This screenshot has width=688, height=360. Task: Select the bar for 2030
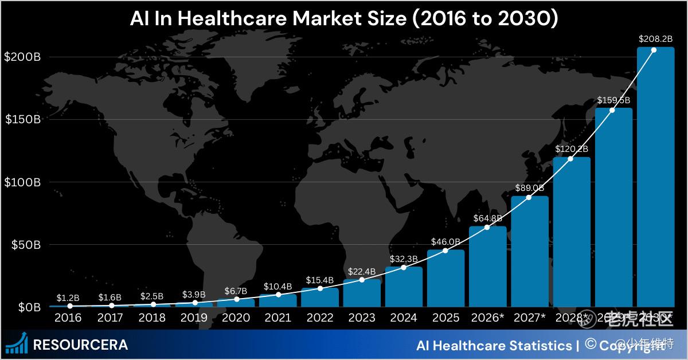pyautogui.click(x=655, y=178)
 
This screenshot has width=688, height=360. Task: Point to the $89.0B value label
pyautogui.click(x=529, y=187)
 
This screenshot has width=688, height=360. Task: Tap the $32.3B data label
pyautogui.click(x=403, y=259)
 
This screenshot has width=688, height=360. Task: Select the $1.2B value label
pyautogui.click(x=68, y=298)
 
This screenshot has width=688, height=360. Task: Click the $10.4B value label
pyautogui.click(x=277, y=286)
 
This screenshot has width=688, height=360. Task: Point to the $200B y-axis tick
pyautogui.click(x=22, y=57)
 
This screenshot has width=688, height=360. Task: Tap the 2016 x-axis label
pyautogui.click(x=68, y=318)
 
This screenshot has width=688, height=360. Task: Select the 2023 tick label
pyautogui.click(x=361, y=318)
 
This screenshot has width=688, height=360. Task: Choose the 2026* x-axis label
pyautogui.click(x=487, y=318)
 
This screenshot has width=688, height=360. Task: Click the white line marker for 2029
pyautogui.click(x=612, y=109)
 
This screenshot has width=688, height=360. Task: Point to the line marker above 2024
pyautogui.click(x=404, y=268)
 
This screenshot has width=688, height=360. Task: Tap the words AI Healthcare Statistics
pyautogui.click(x=492, y=345)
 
